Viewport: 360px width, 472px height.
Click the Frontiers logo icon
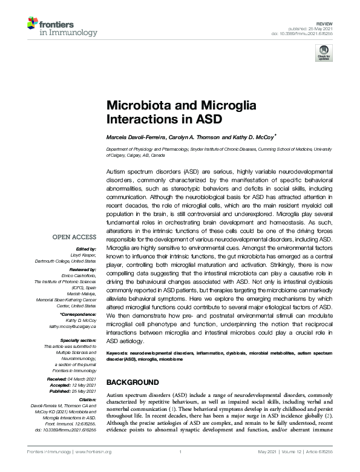tap(34, 25)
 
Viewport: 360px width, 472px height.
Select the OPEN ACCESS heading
tap(73, 237)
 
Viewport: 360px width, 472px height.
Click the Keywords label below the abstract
tap(119, 352)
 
